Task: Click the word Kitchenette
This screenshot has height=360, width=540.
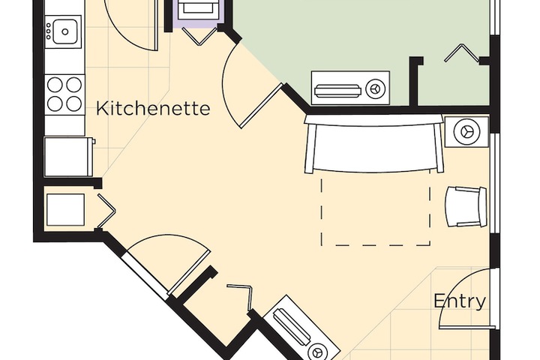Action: click(x=152, y=109)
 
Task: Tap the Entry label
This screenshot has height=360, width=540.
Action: click(x=460, y=301)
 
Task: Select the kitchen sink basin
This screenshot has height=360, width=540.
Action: click(x=66, y=31)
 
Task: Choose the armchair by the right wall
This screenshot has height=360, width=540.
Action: click(x=466, y=206)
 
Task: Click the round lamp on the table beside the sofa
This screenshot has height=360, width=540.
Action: click(x=466, y=131)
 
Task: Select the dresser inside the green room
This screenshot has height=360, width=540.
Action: click(x=350, y=90)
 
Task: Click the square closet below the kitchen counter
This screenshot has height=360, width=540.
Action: click(x=65, y=209)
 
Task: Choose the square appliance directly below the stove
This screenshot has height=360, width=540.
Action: click(x=68, y=156)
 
